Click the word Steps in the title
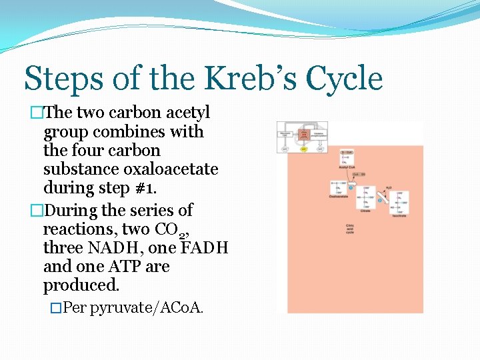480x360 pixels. [x=64, y=79]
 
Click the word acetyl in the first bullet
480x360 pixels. [x=187, y=113]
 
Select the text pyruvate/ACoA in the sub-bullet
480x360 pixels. [x=145, y=308]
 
